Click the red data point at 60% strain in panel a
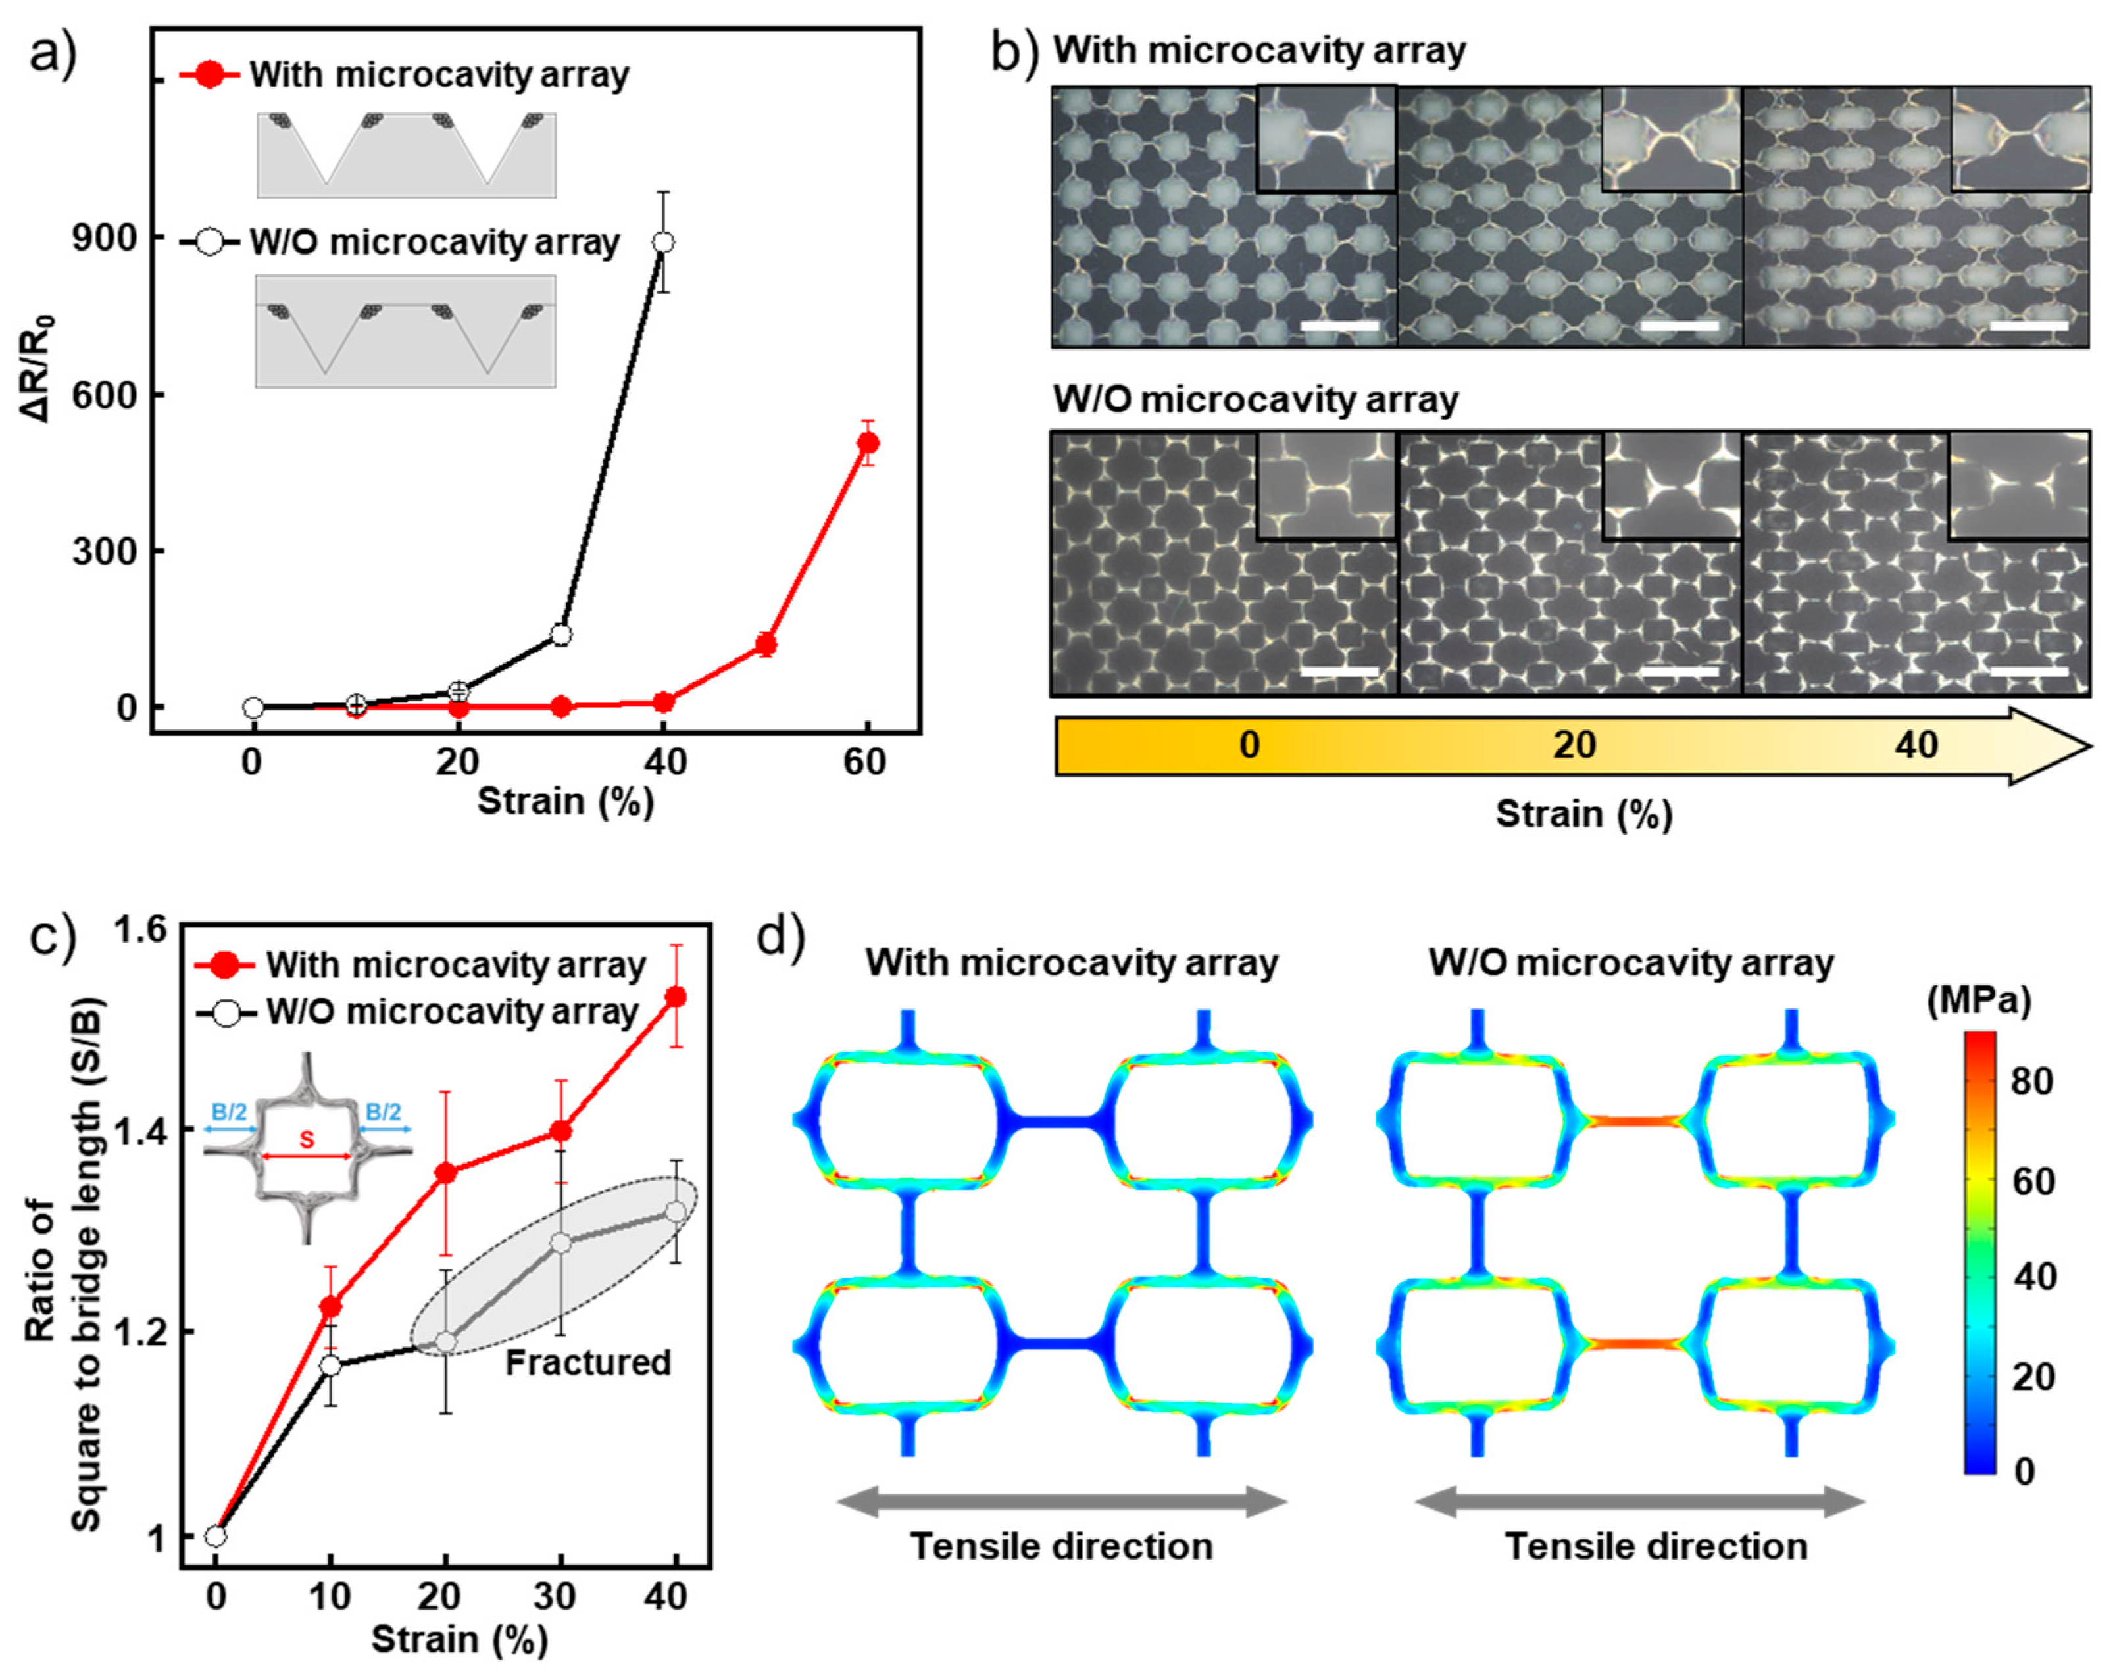[866, 443]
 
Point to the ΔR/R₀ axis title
[37, 368]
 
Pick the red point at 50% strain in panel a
[766, 645]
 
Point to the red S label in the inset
[307, 1140]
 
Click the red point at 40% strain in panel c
[675, 997]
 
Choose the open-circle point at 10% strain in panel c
[330, 1366]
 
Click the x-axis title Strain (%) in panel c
[459, 1638]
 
